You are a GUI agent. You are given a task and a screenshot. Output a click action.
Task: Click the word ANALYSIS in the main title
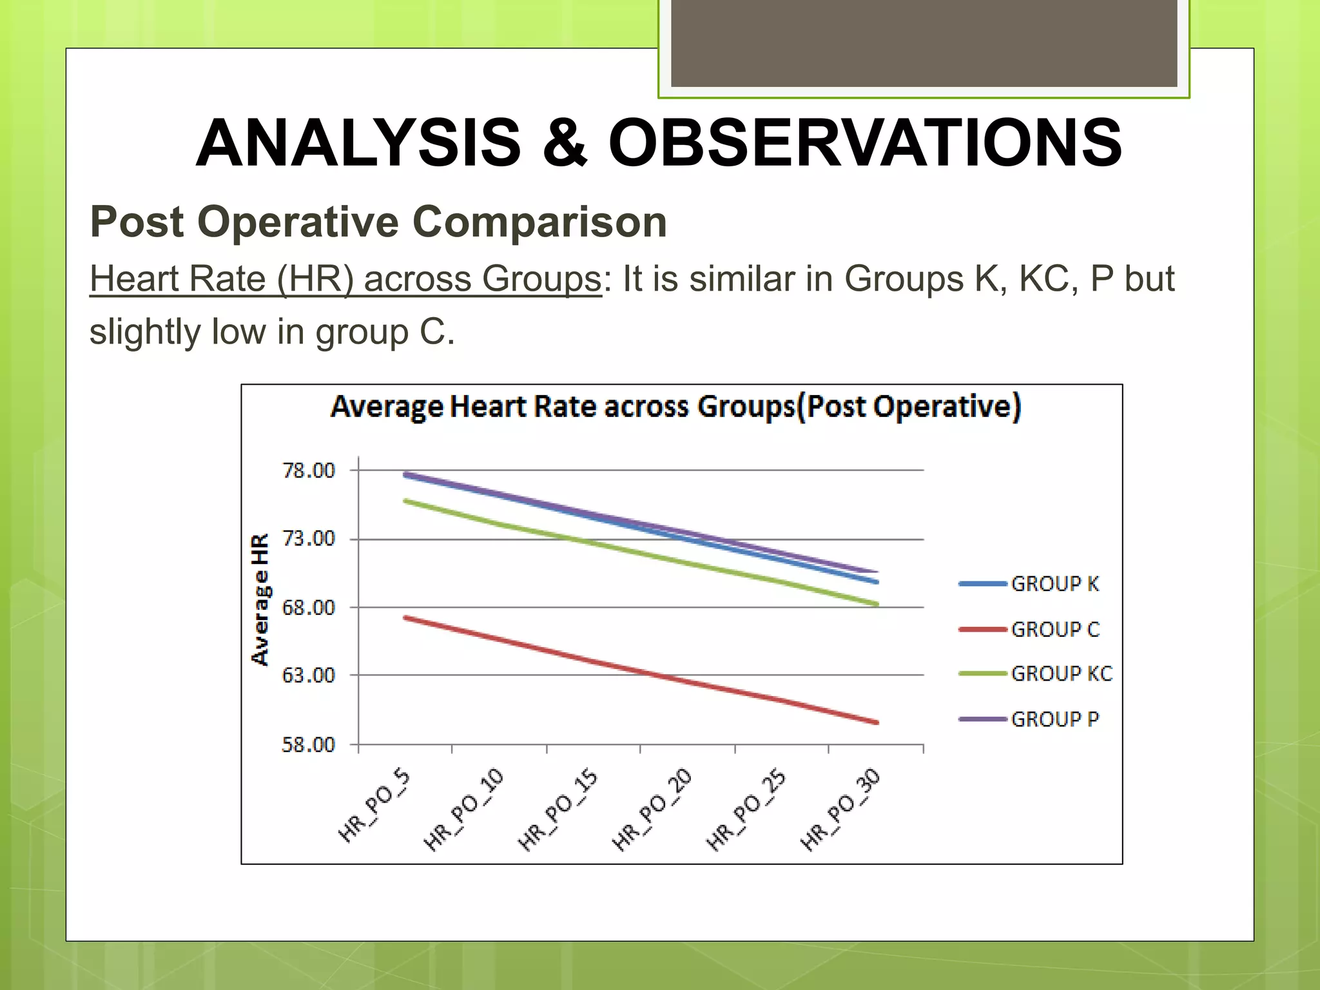point(358,143)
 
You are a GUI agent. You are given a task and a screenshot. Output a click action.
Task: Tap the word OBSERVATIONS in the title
point(865,143)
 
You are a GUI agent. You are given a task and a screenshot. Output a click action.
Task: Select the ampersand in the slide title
point(565,143)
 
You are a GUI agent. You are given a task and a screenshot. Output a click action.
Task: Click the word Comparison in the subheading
point(539,222)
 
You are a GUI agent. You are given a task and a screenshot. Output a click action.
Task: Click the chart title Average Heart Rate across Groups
point(675,407)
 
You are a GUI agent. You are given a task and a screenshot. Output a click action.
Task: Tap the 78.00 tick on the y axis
point(309,471)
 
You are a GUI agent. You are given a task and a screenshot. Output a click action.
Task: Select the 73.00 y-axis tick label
point(309,539)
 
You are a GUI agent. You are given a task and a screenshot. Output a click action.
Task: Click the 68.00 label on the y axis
point(309,607)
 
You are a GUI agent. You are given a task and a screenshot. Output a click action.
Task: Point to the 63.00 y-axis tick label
point(309,675)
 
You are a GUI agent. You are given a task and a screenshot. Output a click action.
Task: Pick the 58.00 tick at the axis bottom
point(309,745)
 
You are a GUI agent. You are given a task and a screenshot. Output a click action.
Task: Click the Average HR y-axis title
point(260,599)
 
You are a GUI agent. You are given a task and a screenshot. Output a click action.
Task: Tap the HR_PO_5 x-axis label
point(374,806)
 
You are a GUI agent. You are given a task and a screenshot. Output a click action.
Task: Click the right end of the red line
point(876,723)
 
